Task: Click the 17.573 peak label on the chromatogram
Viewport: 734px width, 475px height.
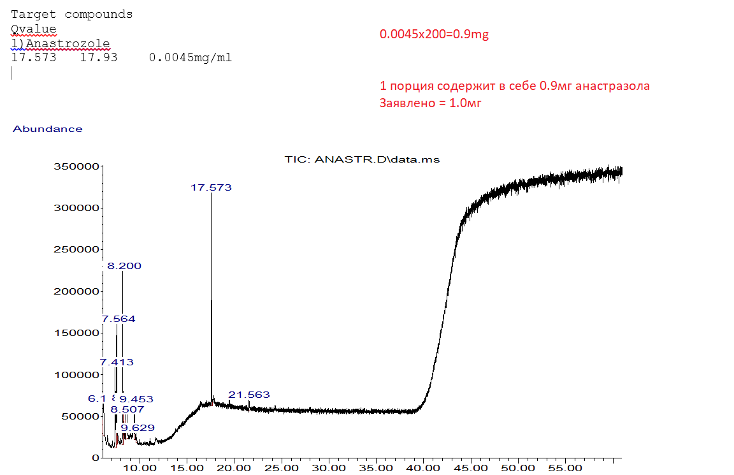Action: (x=211, y=187)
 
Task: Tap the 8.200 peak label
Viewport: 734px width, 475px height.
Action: (x=124, y=266)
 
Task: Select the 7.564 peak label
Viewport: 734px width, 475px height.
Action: (x=119, y=319)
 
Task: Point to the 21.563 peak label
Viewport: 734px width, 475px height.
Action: (x=249, y=395)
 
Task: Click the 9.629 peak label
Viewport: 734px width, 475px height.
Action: (x=137, y=427)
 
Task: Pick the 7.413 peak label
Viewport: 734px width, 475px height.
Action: (x=117, y=362)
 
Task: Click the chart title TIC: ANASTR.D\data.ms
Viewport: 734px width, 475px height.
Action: (x=362, y=159)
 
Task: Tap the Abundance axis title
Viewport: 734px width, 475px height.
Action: (x=48, y=129)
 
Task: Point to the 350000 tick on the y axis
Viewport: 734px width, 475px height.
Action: (x=77, y=166)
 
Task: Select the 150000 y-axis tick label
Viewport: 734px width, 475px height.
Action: (x=77, y=333)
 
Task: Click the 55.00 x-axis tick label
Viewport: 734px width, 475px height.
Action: (x=566, y=468)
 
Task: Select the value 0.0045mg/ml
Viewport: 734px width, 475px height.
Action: (x=191, y=58)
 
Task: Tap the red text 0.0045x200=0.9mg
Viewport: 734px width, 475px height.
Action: (x=434, y=34)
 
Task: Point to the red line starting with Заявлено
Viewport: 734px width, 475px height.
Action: (x=430, y=103)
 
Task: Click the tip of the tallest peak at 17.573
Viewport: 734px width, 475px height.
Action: (x=211, y=194)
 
